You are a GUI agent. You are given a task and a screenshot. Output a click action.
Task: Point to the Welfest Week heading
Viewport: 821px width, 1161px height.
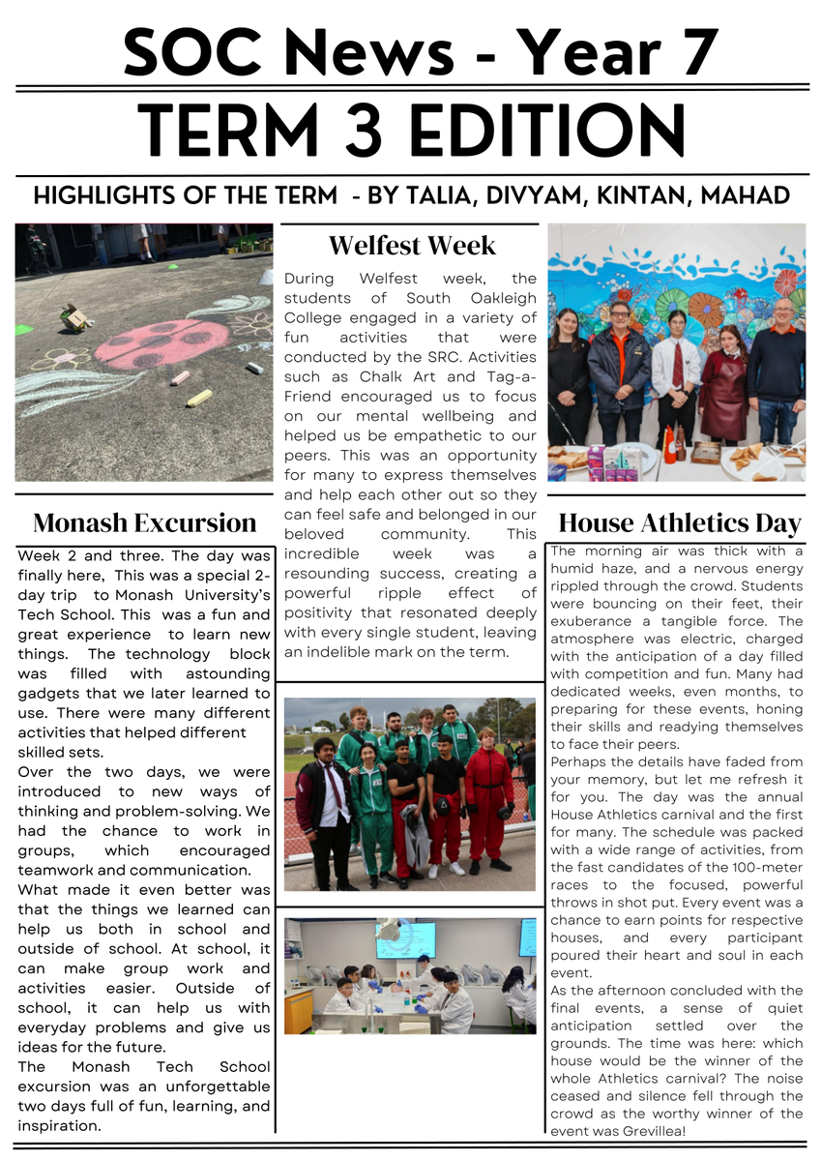pos(412,245)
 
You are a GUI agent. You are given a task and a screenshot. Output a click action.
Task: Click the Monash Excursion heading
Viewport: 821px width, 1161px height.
pos(145,523)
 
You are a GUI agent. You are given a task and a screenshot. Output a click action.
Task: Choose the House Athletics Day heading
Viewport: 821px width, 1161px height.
pos(680,524)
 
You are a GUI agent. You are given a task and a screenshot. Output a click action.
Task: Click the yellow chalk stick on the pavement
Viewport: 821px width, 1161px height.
pos(199,397)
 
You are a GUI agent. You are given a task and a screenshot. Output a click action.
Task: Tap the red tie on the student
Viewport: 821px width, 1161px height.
pos(678,366)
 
